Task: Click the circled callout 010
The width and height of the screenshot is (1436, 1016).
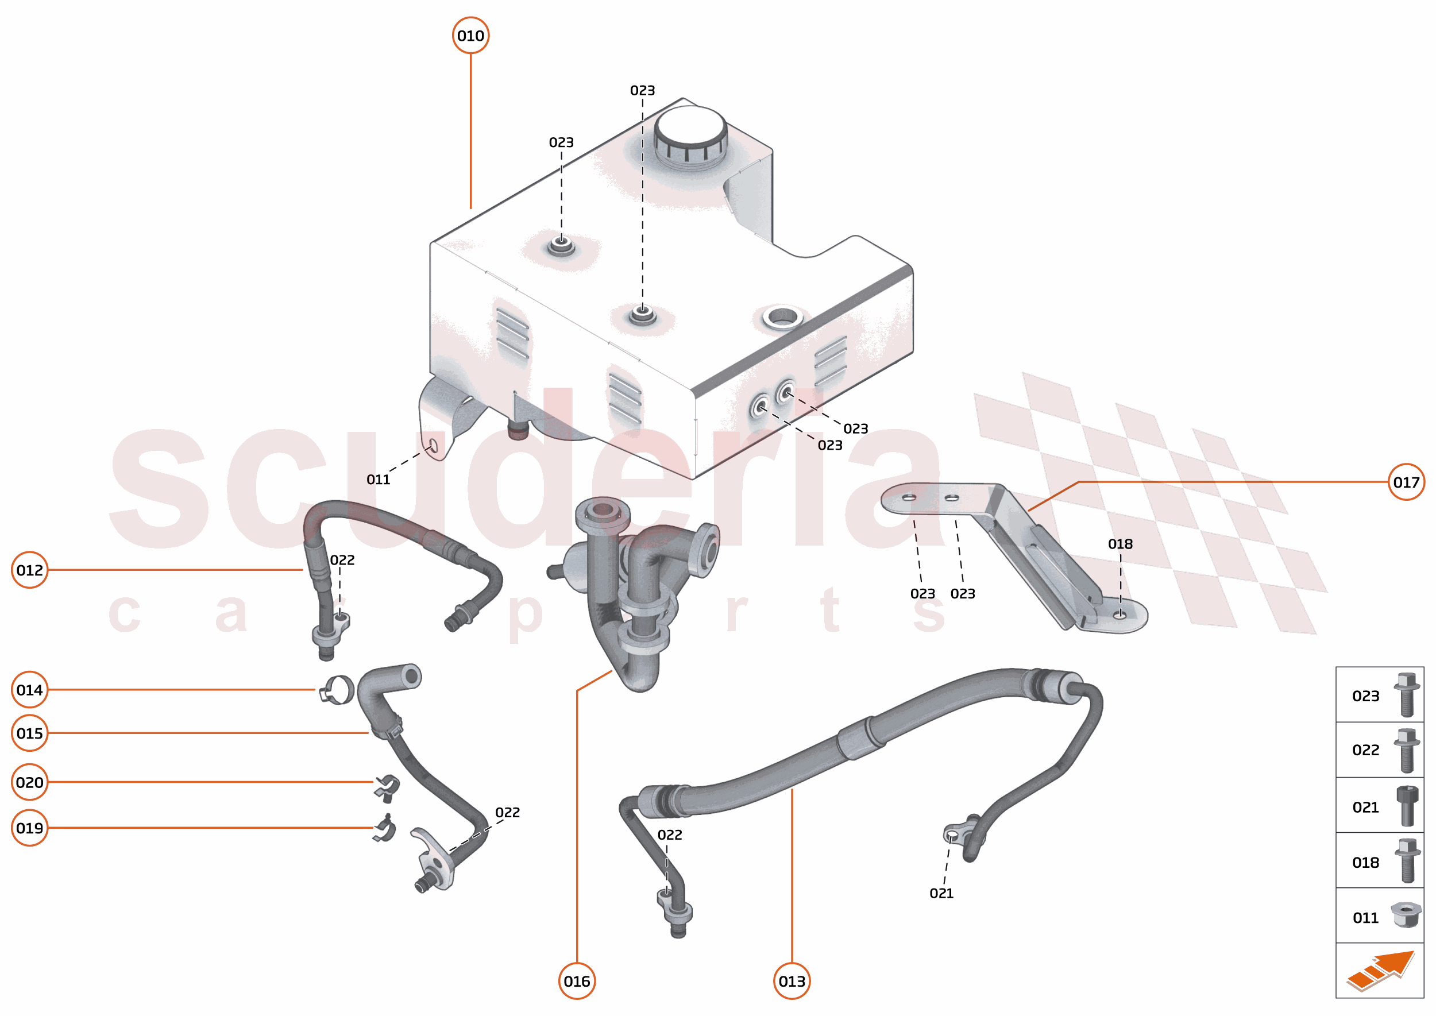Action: pyautogui.click(x=470, y=36)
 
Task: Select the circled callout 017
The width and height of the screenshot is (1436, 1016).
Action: pyautogui.click(x=1406, y=482)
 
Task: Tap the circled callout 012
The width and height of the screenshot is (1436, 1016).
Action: pyautogui.click(x=29, y=570)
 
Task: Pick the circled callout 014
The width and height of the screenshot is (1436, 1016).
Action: pyautogui.click(x=29, y=690)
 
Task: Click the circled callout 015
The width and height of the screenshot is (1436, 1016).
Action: pyautogui.click(x=29, y=733)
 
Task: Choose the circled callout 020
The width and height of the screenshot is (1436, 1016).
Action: pyautogui.click(x=29, y=782)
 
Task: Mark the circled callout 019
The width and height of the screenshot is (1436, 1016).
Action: pyautogui.click(x=29, y=828)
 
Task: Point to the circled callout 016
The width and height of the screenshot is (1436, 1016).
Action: pyautogui.click(x=576, y=981)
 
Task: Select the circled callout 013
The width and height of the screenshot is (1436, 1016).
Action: pyautogui.click(x=792, y=981)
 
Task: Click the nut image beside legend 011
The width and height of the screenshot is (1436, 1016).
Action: pyautogui.click(x=1406, y=915)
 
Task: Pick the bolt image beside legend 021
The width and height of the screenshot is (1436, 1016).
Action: pyautogui.click(x=1407, y=806)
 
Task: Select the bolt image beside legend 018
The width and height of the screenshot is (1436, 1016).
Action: pyautogui.click(x=1407, y=861)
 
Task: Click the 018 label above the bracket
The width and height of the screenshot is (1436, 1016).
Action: pyautogui.click(x=1120, y=544)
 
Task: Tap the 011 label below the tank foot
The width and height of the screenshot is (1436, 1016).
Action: pyautogui.click(x=378, y=480)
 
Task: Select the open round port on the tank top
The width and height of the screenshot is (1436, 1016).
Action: pyautogui.click(x=782, y=316)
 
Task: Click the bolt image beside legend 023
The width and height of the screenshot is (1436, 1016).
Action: pyautogui.click(x=1406, y=694)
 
